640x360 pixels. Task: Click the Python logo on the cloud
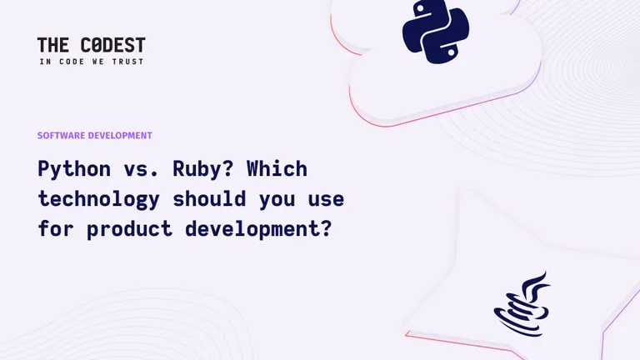pyautogui.click(x=436, y=32)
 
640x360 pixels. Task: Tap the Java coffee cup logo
pyautogui.click(x=522, y=304)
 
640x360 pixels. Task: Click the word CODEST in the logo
pyautogui.click(x=113, y=45)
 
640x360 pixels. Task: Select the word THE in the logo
pyautogui.click(x=53, y=45)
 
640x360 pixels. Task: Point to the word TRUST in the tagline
pyautogui.click(x=128, y=62)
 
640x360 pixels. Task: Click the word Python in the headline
pyautogui.click(x=74, y=169)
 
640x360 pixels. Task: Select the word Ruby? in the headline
pyautogui.click(x=203, y=169)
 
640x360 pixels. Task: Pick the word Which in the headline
pyautogui.click(x=277, y=168)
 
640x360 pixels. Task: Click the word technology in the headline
pyautogui.click(x=99, y=200)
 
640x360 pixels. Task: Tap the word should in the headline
pyautogui.click(x=209, y=199)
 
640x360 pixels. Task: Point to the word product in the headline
pyautogui.click(x=129, y=229)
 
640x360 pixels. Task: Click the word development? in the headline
pyautogui.click(x=258, y=229)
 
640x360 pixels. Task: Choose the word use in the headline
pyautogui.click(x=326, y=200)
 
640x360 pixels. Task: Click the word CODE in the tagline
pyautogui.click(x=72, y=62)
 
